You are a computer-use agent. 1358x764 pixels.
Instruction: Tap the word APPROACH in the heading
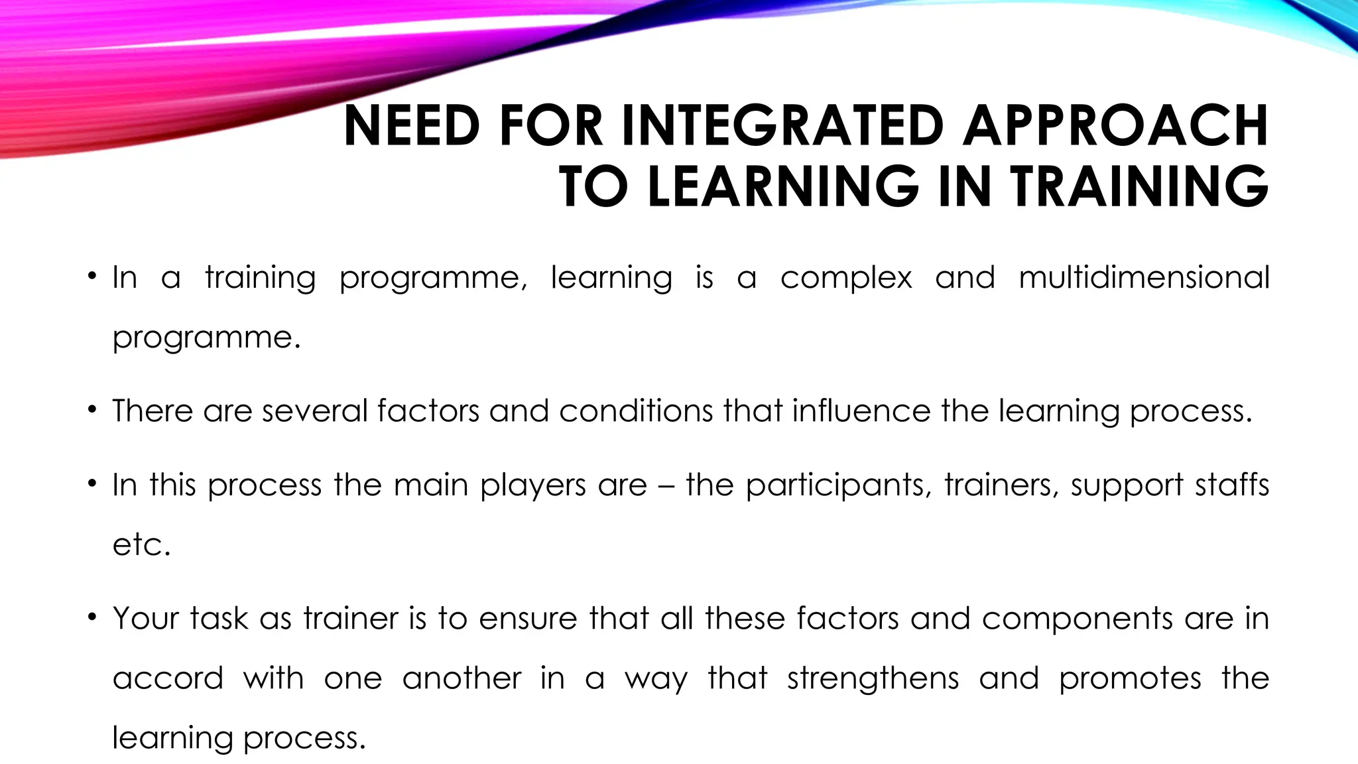coord(1115,126)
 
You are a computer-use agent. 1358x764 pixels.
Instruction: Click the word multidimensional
coord(1144,277)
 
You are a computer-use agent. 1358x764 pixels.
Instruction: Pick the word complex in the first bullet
coord(846,277)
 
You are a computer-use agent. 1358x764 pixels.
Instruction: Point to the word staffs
coord(1232,485)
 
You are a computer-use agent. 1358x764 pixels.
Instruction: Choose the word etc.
coord(141,545)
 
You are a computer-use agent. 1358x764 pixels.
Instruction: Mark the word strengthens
coord(873,678)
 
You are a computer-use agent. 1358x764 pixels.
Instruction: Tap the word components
coord(1078,619)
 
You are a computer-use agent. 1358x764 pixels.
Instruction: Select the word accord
coord(168,678)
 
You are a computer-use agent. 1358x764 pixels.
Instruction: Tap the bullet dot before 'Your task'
coord(92,617)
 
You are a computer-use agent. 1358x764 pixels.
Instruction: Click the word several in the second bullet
coord(315,411)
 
